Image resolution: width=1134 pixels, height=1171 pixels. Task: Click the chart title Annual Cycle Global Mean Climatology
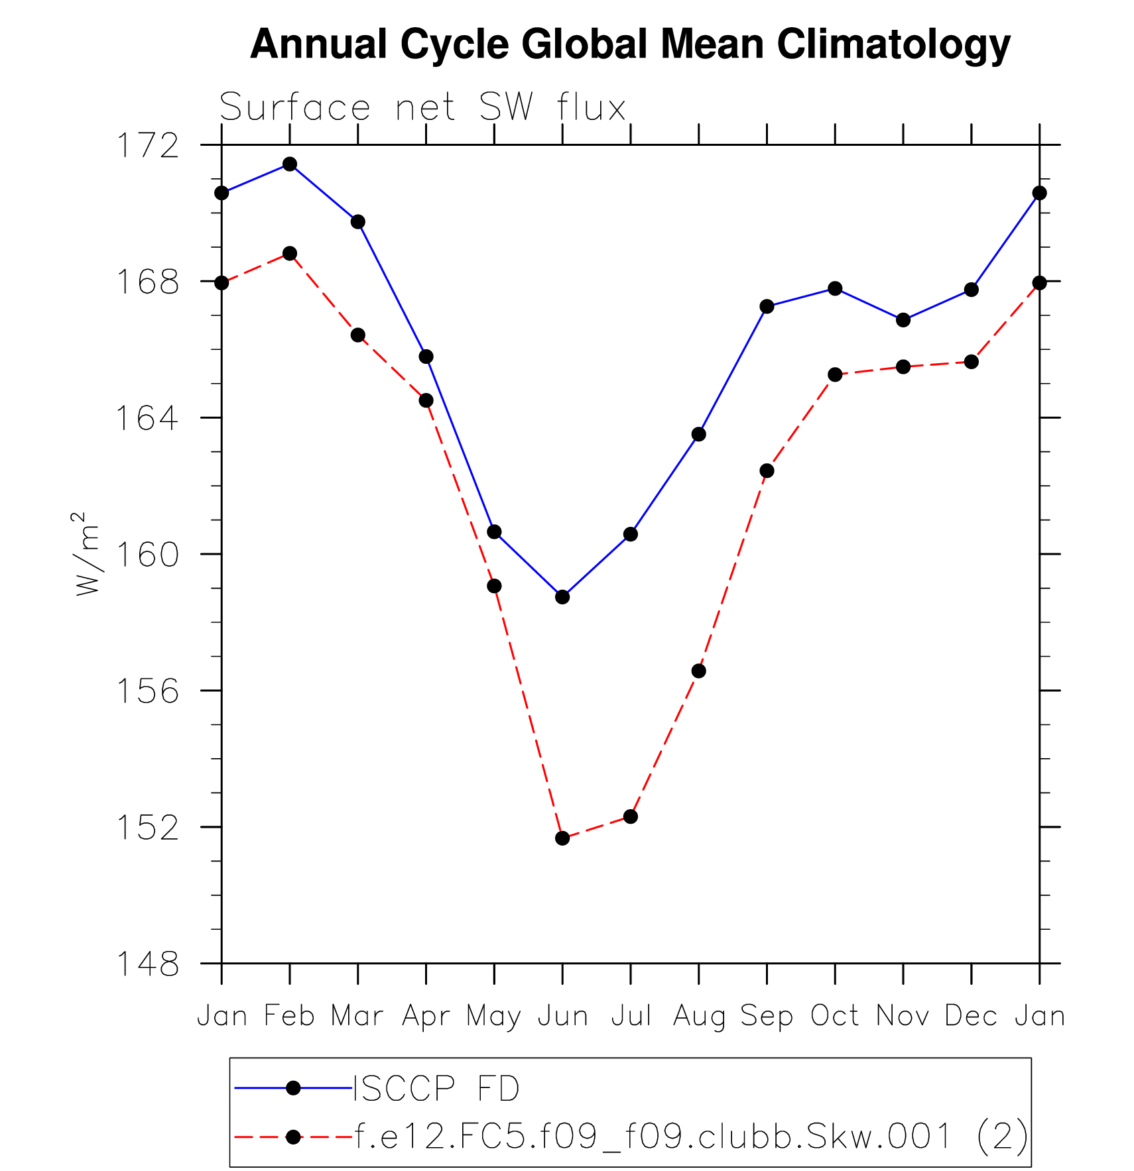(x=630, y=45)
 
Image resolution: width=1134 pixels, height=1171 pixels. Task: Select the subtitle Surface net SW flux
(x=422, y=107)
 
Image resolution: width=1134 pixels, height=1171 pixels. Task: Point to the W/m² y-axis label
(x=88, y=553)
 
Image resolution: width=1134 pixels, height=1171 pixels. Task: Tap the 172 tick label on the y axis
(x=148, y=146)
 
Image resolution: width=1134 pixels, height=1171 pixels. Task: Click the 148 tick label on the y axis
(x=148, y=964)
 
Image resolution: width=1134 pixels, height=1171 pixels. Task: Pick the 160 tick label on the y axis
(x=148, y=555)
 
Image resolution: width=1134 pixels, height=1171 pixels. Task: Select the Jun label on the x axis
(x=562, y=1016)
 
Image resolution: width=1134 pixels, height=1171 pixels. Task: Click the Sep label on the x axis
(x=767, y=1016)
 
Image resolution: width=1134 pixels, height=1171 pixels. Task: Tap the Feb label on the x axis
(x=290, y=1016)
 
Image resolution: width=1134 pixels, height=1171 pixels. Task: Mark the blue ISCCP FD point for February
(x=290, y=164)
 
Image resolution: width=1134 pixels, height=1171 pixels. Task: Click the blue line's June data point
(x=562, y=596)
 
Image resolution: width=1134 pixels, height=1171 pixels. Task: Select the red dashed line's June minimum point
(x=562, y=838)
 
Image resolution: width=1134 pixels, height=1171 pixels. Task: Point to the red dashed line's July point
(x=631, y=816)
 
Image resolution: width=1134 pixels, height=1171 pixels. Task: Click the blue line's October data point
(x=835, y=288)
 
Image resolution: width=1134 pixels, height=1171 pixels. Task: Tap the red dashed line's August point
(x=698, y=671)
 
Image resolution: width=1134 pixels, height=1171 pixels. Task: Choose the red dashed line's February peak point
(x=290, y=253)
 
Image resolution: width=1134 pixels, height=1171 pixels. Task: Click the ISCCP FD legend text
(x=436, y=1088)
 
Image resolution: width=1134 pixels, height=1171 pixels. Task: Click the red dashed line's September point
(x=767, y=471)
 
